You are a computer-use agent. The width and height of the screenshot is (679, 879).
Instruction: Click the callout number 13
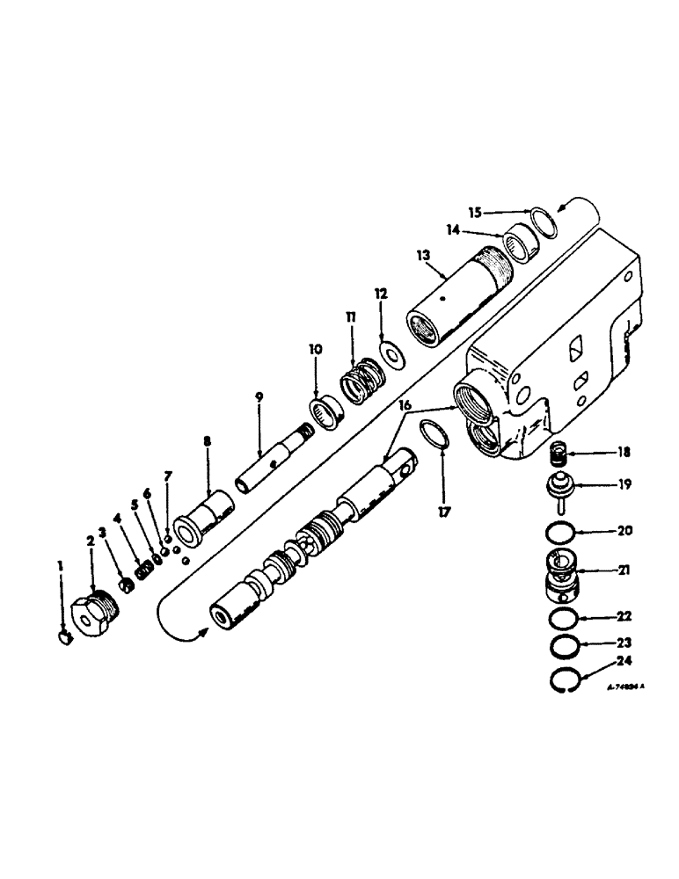[423, 256]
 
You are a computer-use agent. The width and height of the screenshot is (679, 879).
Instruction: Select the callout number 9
[259, 396]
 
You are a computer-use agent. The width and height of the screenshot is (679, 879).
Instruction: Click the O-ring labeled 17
[434, 433]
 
